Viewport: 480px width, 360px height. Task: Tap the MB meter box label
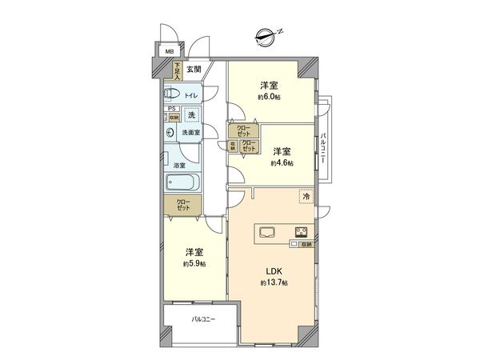click(169, 53)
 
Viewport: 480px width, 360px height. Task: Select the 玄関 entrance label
click(194, 70)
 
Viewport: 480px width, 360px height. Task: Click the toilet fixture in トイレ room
click(174, 95)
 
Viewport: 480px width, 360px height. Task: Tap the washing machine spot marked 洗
click(191, 114)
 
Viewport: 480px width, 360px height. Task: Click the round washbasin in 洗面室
click(170, 132)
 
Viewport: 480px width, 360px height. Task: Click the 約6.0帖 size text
click(269, 96)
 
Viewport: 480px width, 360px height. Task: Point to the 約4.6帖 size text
click(281, 162)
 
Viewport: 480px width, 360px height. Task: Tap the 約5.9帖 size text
click(194, 263)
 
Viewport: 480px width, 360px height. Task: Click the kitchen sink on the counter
click(267, 233)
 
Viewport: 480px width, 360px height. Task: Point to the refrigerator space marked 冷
click(306, 195)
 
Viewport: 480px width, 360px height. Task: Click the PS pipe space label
click(170, 110)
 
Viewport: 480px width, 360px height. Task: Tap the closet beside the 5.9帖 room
click(183, 205)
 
